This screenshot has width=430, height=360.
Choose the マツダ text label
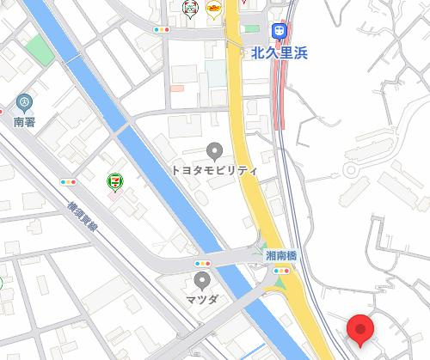(203, 299)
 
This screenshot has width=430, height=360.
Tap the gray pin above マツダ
(203, 280)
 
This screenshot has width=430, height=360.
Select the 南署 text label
(23, 123)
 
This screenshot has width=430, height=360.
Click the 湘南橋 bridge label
(280, 255)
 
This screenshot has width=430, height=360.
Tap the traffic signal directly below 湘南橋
(281, 272)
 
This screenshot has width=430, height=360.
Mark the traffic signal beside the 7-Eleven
(68, 182)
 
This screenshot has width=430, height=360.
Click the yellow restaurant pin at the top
(213, 8)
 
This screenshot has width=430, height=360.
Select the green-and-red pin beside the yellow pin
(192, 8)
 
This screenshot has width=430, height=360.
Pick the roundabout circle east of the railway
(353, 169)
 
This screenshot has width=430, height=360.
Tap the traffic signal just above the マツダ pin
(203, 263)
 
